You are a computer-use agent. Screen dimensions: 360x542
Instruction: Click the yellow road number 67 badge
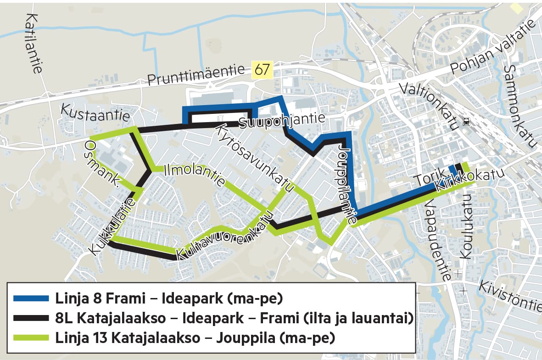262,70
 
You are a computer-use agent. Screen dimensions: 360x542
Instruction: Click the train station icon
466,122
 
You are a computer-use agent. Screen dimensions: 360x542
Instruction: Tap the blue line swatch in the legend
31,298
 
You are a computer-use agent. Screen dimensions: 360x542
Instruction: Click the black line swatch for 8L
31,318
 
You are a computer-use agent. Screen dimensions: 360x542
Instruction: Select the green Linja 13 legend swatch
31,338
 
